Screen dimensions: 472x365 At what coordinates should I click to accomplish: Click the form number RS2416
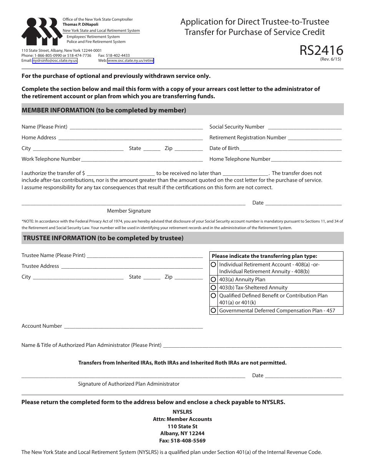[x=322, y=50]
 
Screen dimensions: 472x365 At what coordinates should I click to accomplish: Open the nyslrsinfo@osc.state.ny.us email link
[x=55, y=61]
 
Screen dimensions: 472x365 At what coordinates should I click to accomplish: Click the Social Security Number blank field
[x=304, y=127]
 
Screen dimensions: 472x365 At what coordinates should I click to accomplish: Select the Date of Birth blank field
[x=290, y=149]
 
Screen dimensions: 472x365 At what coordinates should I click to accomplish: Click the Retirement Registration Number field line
[x=314, y=138]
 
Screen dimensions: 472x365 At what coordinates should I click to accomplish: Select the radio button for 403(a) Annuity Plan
[x=214, y=279]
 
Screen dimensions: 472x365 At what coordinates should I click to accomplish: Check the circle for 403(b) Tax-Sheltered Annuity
[x=214, y=287]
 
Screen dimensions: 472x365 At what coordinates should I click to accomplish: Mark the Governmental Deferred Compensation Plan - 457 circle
[x=214, y=310]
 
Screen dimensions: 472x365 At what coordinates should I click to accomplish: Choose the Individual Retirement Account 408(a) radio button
[x=214, y=265]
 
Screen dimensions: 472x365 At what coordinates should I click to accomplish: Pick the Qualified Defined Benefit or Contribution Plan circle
[x=214, y=296]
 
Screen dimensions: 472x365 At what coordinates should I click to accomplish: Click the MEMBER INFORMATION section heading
[x=104, y=110]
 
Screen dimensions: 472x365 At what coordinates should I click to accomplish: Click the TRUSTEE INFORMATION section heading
[x=103, y=238]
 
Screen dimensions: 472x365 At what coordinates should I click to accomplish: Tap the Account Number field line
[x=133, y=326]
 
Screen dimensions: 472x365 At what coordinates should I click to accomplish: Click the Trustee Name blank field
[x=144, y=256]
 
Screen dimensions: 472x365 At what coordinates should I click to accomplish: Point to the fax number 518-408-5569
[x=182, y=441]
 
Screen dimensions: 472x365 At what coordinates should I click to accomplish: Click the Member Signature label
[x=129, y=211]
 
